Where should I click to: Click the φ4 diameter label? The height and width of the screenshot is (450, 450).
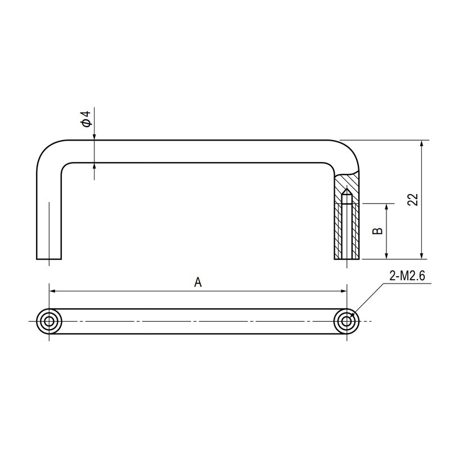pyautogui.click(x=86, y=119)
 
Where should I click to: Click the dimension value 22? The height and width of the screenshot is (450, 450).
pyautogui.click(x=413, y=199)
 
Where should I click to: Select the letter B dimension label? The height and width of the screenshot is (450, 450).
pyautogui.click(x=377, y=231)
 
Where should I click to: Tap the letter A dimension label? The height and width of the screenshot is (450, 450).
pyautogui.click(x=198, y=282)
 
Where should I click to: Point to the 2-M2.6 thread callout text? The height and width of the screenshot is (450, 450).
pyautogui.click(x=407, y=276)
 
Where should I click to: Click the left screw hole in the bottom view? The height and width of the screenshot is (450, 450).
pyautogui.click(x=49, y=321)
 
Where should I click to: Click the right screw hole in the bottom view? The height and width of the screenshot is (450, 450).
pyautogui.click(x=346, y=321)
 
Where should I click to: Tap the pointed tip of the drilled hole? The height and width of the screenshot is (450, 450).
pyautogui.click(x=347, y=189)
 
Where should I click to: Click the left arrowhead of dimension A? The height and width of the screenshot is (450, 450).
pyautogui.click(x=52, y=291)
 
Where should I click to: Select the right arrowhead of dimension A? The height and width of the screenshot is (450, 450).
pyautogui.click(x=344, y=291)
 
